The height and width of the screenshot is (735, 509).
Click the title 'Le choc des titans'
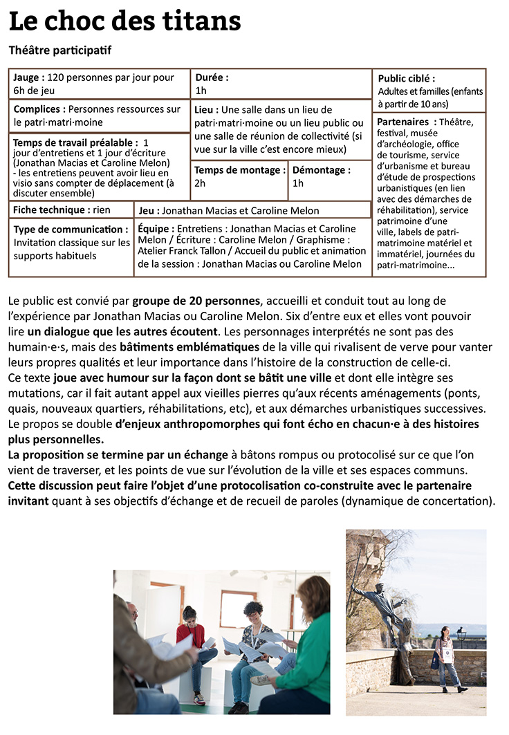tap(124, 21)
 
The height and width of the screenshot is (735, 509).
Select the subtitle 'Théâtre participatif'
tap(60, 50)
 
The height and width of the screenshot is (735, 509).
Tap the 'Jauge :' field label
tap(29, 78)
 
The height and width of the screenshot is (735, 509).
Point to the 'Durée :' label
tap(212, 78)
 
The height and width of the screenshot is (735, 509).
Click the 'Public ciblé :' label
tap(407, 79)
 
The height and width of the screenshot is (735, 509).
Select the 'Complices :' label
tap(39, 109)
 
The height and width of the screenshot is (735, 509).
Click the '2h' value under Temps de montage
tap(200, 183)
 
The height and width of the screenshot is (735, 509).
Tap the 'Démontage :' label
tap(321, 170)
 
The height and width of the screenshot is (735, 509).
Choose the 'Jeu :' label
tap(149, 210)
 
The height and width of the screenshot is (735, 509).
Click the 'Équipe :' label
tap(156, 228)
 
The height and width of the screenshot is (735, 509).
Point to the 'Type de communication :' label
tap(71, 230)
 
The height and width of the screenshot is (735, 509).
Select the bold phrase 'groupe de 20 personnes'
tap(197, 301)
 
